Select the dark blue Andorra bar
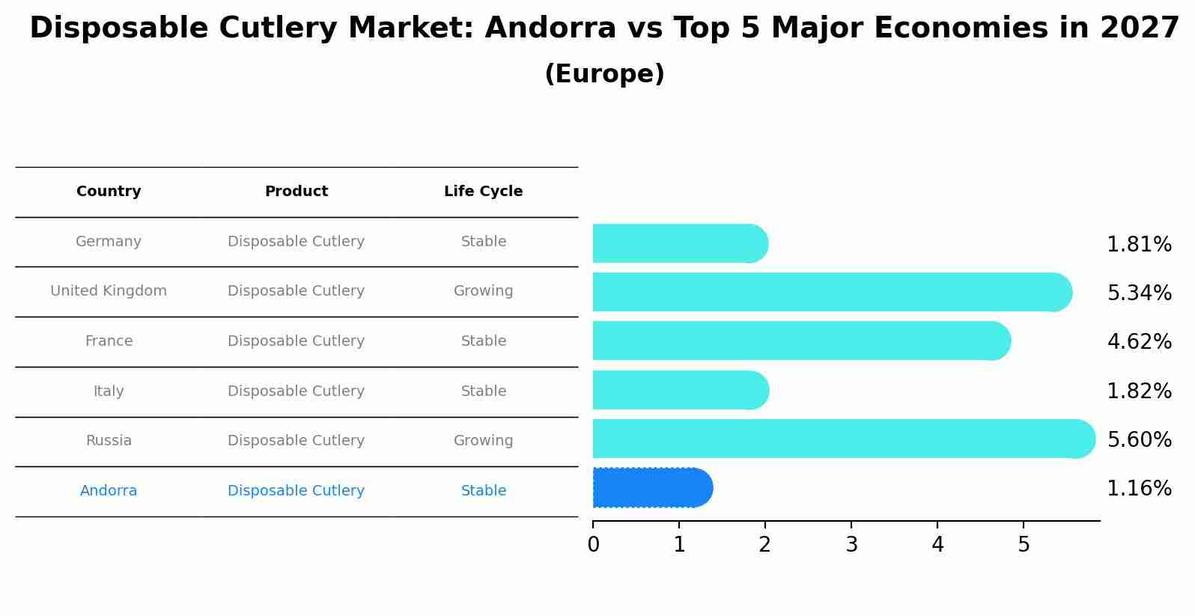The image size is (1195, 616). [651, 488]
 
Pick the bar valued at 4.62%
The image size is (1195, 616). [801, 341]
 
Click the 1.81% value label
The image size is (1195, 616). [1139, 245]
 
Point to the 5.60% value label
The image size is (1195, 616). [1139, 439]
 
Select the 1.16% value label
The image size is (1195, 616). [1139, 489]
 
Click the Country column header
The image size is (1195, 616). [109, 192]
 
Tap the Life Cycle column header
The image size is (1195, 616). [483, 192]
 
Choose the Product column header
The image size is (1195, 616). [297, 192]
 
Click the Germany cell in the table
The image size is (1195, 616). [109, 242]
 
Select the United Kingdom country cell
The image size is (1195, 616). [109, 291]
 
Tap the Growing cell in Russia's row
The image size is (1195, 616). [483, 441]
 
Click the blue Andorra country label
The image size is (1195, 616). [109, 491]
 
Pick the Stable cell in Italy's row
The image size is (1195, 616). [483, 391]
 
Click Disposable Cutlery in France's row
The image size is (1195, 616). [297, 341]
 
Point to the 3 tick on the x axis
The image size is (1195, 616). [851, 545]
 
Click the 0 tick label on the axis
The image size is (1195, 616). [593, 545]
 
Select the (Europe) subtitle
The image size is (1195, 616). [604, 74]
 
